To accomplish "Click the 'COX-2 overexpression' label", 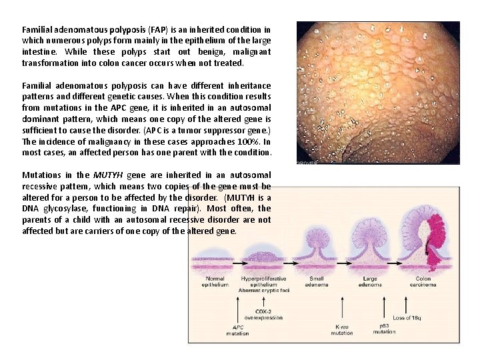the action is click(263, 315).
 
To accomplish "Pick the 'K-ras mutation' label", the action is click(342, 329).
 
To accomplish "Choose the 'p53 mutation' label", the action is click(385, 327).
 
